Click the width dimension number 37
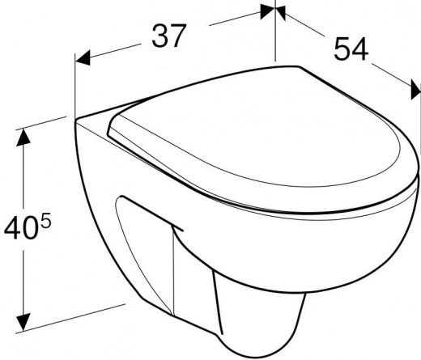pyautogui.click(x=169, y=36)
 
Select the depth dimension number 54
pyautogui.click(x=351, y=49)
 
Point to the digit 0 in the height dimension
pyautogui.click(x=28, y=227)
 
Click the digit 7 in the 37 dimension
pyautogui.click(x=178, y=36)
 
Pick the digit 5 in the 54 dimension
pyautogui.click(x=342, y=49)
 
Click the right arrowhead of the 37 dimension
pyautogui.click(x=268, y=12)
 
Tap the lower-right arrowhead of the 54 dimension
pyautogui.click(x=416, y=89)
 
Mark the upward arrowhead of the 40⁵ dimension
pyautogui.click(x=23, y=137)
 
